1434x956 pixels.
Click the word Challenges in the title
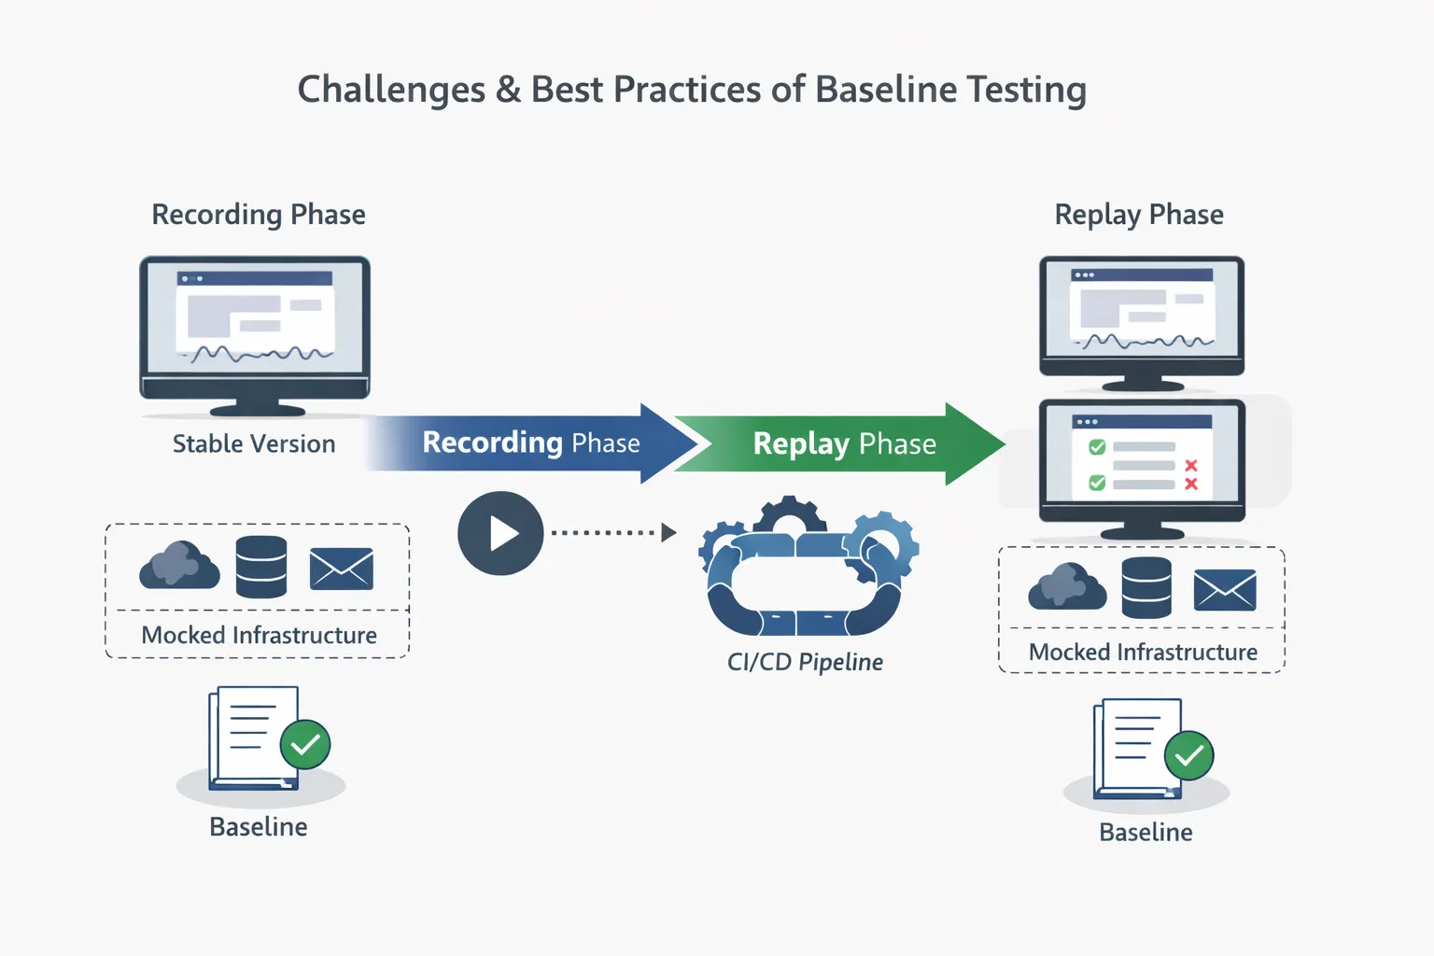pyautogui.click(x=391, y=91)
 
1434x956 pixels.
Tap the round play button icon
pyautogui.click(x=500, y=533)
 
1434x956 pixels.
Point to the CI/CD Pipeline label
pyautogui.click(x=805, y=662)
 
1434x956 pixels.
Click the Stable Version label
pyautogui.click(x=254, y=444)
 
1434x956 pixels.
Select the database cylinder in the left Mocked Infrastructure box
pyautogui.click(x=261, y=567)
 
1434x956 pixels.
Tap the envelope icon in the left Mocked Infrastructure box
pyautogui.click(x=342, y=569)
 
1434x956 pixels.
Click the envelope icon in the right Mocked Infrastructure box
pyautogui.click(x=1225, y=590)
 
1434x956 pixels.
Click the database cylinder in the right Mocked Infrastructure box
pyautogui.click(x=1146, y=587)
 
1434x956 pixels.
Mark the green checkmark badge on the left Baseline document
pyautogui.click(x=305, y=744)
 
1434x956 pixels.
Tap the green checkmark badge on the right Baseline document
pyautogui.click(x=1188, y=755)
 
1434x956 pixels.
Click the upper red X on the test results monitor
pyautogui.click(x=1191, y=465)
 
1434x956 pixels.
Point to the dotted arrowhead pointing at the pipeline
pyautogui.click(x=668, y=533)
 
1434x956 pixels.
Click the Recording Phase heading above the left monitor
pyautogui.click(x=259, y=215)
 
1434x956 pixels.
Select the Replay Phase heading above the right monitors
pyautogui.click(x=1139, y=215)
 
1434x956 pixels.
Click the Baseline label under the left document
pyautogui.click(x=259, y=827)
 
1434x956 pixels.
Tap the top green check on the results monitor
pyautogui.click(x=1097, y=447)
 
